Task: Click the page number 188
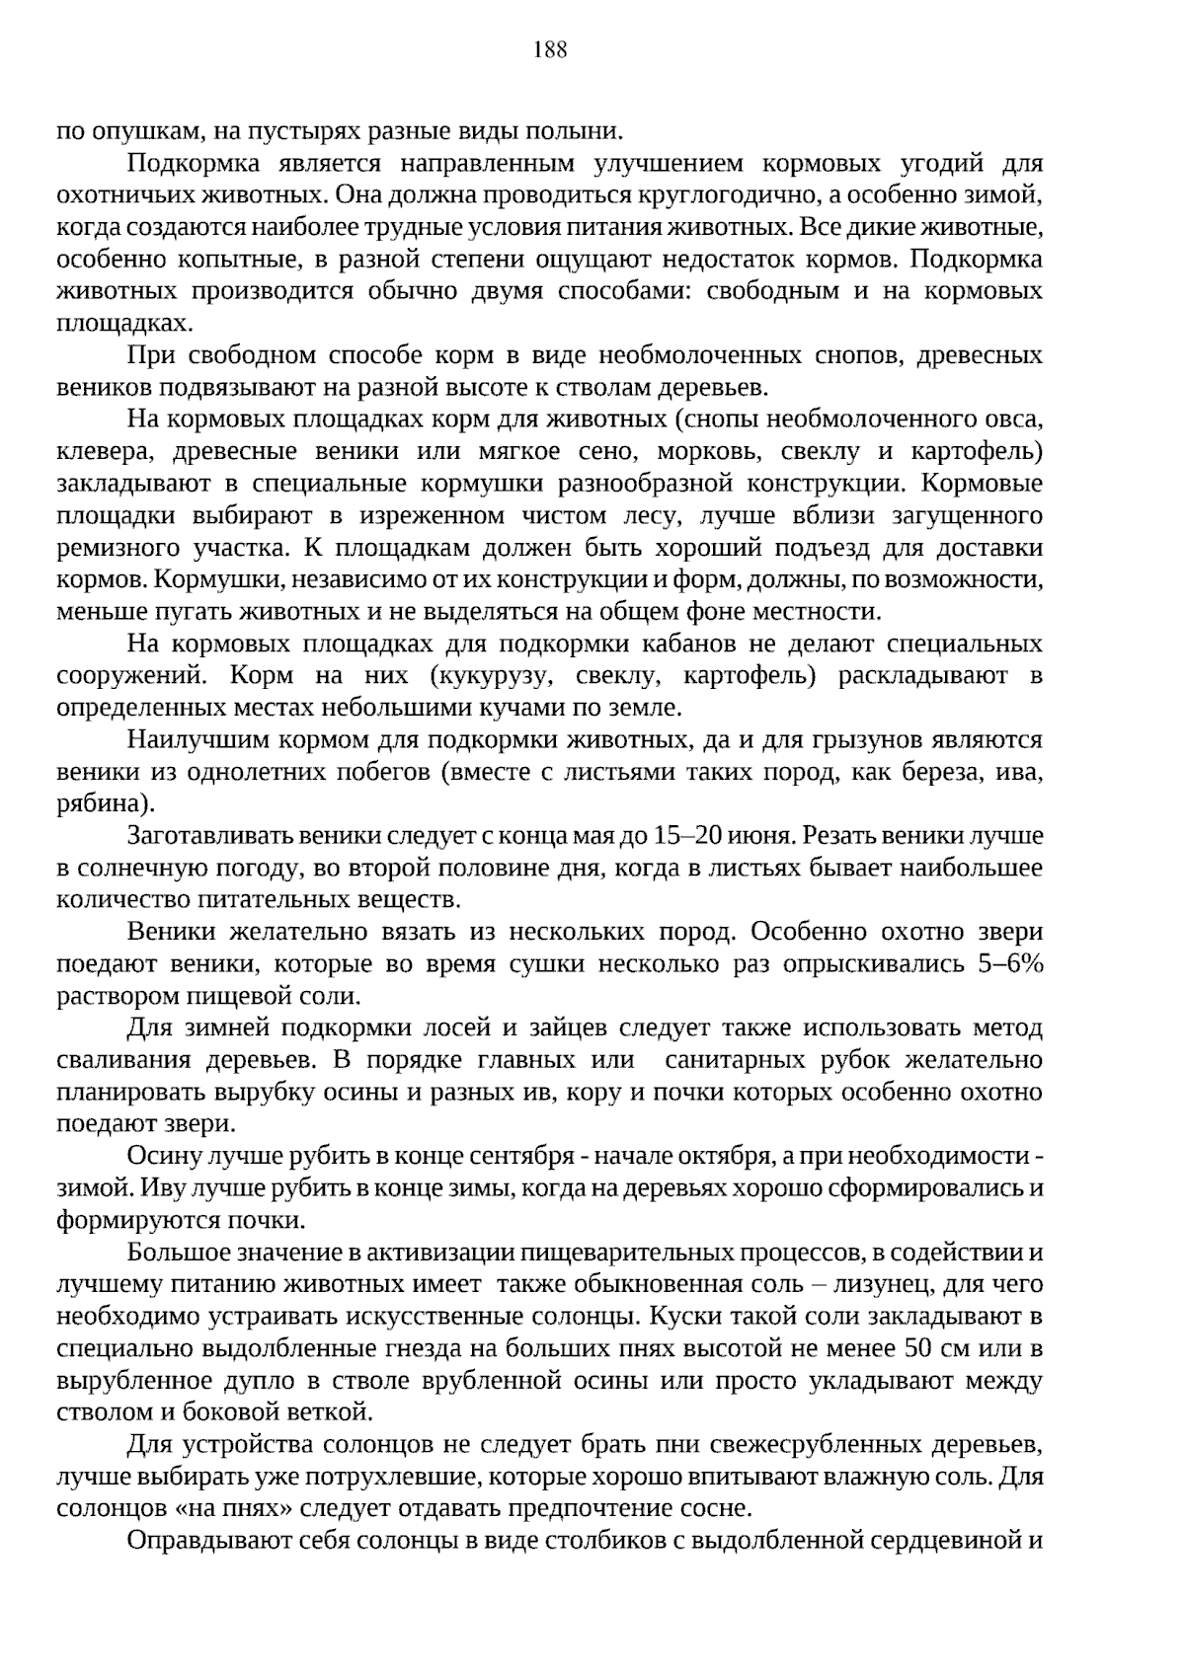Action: [550, 50]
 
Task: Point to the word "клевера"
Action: [102, 452]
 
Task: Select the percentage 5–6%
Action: [1010, 964]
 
